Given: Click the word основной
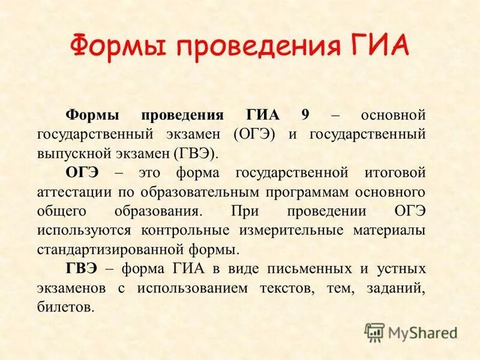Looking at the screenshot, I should click(392, 115).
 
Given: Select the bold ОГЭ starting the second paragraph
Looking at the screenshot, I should click(85, 172).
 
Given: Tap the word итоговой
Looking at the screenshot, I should click(394, 172).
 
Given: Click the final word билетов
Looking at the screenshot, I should click(66, 307).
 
